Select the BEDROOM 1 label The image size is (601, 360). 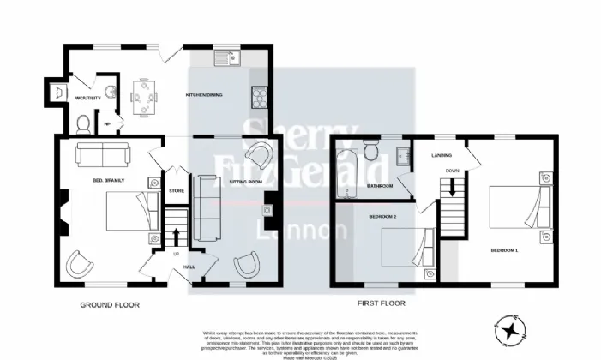tap(505, 250)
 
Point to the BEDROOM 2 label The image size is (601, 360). tap(382, 218)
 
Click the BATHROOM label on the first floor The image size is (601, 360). tap(380, 186)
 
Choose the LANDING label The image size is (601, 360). tap(442, 155)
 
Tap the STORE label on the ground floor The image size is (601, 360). tap(177, 190)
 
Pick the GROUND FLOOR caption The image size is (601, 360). tap(110, 304)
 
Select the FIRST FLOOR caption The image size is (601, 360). tap(381, 303)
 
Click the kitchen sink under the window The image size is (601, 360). tap(229, 57)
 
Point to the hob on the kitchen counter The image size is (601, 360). tap(259, 97)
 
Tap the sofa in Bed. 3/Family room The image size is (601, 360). tap(103, 154)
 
